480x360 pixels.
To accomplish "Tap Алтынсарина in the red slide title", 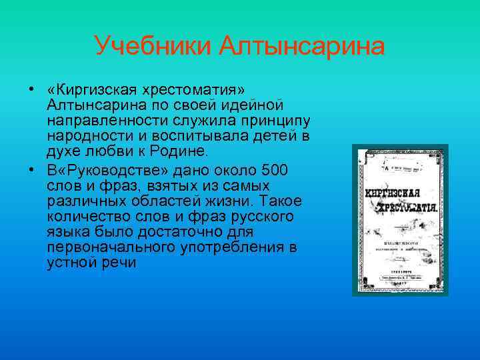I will click(303, 47).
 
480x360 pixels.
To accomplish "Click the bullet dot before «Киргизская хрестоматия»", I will click(32, 89).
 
